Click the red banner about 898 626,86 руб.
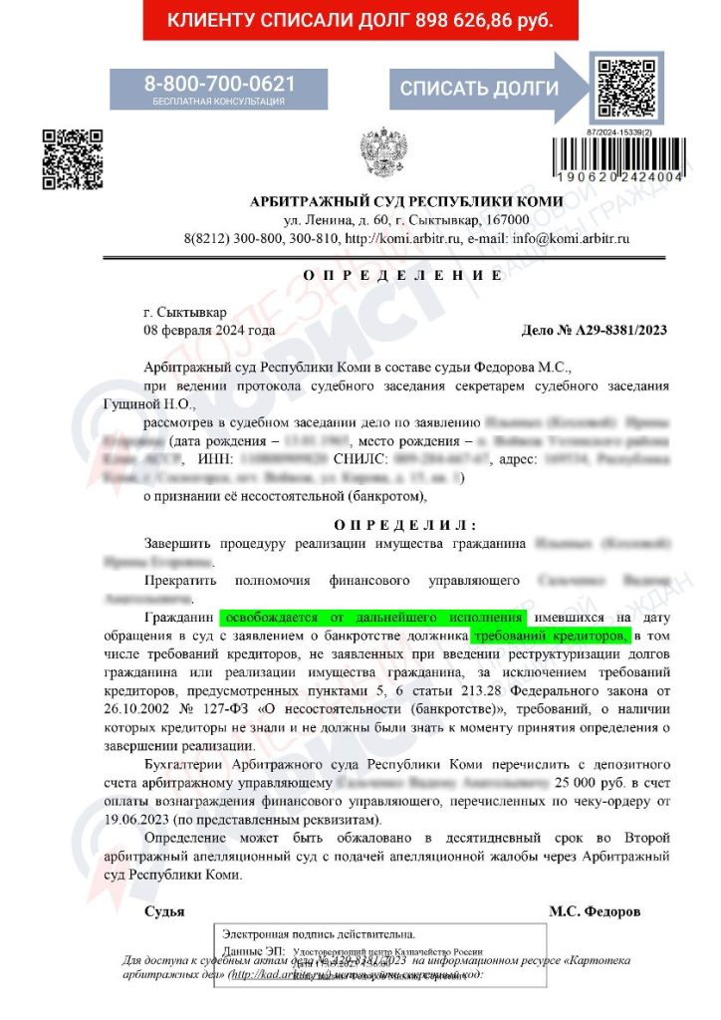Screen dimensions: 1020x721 (360, 20)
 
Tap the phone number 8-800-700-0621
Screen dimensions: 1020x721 (219, 84)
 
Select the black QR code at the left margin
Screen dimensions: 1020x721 (72, 158)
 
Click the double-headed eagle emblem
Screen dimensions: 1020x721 (378, 152)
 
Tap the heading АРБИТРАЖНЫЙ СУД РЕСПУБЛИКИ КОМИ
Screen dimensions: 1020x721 (406, 202)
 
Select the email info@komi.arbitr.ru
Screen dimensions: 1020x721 (571, 239)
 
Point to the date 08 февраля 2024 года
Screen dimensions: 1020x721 (209, 330)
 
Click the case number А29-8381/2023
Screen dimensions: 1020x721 (595, 330)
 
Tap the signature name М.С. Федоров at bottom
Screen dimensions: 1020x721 (595, 911)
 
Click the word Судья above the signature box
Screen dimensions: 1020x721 (164, 911)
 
